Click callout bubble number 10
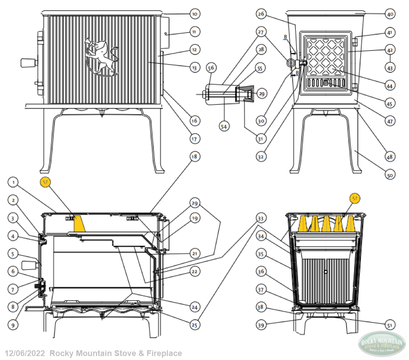coord(194,14)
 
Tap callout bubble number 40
coord(390,14)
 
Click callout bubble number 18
coord(194,157)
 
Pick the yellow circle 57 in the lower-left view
coord(45,182)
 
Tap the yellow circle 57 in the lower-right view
coord(355,198)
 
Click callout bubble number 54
coord(223,127)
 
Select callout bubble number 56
coord(211,67)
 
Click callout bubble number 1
coord(14,182)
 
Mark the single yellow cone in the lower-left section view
coord(79,223)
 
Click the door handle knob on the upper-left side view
coord(28,62)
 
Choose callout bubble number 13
coord(194,67)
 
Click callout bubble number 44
coord(390,85)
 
